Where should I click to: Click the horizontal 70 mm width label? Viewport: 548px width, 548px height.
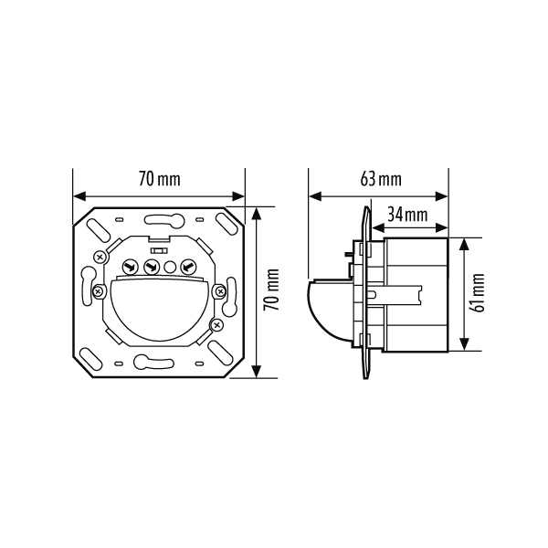coord(160,179)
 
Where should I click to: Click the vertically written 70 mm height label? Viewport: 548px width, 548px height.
coord(271,290)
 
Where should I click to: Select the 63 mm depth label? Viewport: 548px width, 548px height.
coord(381,179)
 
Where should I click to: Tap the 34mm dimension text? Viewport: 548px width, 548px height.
coord(407,215)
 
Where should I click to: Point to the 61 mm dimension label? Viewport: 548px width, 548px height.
coord(477,293)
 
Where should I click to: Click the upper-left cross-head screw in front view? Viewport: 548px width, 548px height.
coord(100,258)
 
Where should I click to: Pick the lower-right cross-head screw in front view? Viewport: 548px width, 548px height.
coord(216,325)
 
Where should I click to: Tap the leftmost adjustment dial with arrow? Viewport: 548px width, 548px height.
coord(130,268)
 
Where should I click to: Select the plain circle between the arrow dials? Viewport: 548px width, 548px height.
coord(170,268)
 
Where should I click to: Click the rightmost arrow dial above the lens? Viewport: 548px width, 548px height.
coord(188,268)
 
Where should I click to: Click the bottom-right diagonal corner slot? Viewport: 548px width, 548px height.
coord(219,352)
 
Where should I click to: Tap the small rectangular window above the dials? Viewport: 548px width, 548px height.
coord(159,250)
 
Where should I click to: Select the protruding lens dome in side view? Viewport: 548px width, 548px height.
coord(329,310)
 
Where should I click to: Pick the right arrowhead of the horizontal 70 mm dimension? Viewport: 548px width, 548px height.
coord(238,196)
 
